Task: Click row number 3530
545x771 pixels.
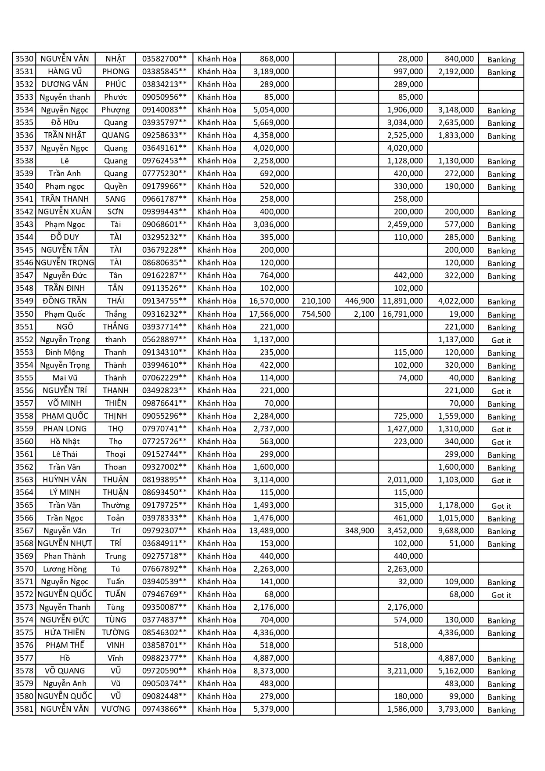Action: point(24,59)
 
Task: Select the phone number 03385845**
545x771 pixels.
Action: point(164,72)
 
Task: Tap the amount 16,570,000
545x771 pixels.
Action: point(269,301)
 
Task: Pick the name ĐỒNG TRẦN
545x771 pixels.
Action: point(65,301)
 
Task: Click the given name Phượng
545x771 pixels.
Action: point(115,110)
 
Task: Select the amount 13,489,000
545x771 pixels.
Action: point(269,531)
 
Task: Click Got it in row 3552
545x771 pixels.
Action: point(501,340)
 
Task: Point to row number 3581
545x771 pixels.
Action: point(24,709)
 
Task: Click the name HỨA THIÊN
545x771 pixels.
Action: point(65,633)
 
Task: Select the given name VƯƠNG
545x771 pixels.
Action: point(115,709)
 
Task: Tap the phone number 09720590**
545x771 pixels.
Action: point(164,671)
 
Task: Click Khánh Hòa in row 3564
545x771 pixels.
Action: point(217,492)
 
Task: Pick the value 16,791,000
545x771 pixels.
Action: point(403,314)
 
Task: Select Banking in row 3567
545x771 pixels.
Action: point(501,532)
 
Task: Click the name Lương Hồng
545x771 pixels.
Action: point(65,569)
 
